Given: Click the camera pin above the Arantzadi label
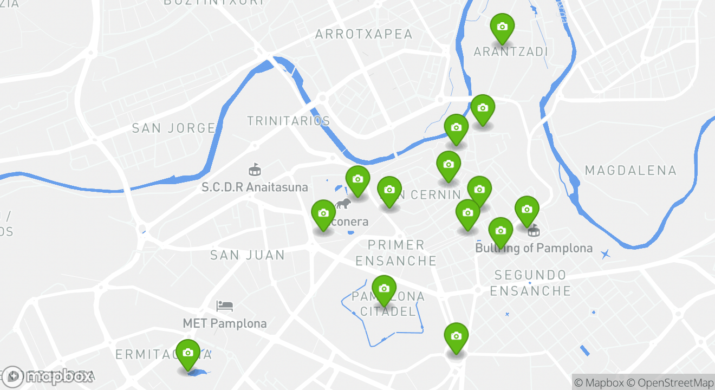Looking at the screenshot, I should point(502,27).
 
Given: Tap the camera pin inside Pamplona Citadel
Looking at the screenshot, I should point(384,289).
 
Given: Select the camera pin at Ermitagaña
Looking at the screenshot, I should point(188,353).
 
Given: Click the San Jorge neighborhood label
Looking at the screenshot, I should point(174,128).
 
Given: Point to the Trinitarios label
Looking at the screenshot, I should point(289,121).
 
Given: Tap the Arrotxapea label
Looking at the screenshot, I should point(364,35).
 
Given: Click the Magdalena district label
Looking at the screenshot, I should point(630,171).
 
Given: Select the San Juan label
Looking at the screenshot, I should point(248,255).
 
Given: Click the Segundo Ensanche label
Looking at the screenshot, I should point(530,283).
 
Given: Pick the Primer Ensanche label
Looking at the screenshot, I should point(396,253).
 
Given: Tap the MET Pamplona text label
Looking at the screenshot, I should point(225,324).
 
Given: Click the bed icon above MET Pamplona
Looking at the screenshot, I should point(224,306).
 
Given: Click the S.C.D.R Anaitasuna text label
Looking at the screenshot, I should point(255,187).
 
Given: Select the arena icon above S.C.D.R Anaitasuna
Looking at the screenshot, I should point(253,170).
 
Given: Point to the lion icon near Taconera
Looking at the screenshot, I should point(342,204).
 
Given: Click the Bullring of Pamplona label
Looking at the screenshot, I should point(534,249).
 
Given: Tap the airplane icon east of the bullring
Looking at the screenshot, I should point(605,253).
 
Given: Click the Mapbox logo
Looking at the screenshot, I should point(48,376).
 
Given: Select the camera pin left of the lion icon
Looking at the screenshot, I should point(323,213).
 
